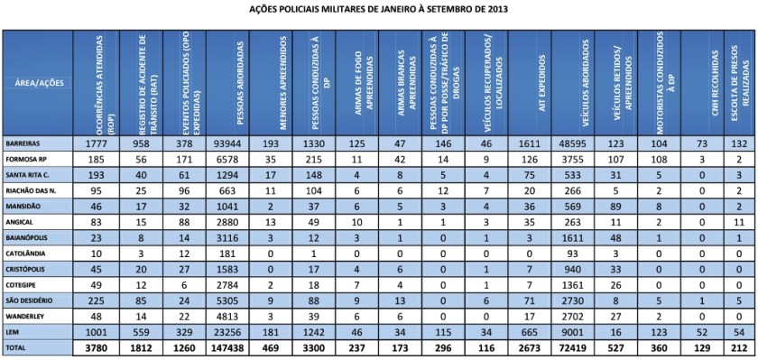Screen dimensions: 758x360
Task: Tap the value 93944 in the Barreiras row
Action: click(230, 143)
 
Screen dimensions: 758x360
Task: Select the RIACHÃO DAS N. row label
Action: click(32, 192)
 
